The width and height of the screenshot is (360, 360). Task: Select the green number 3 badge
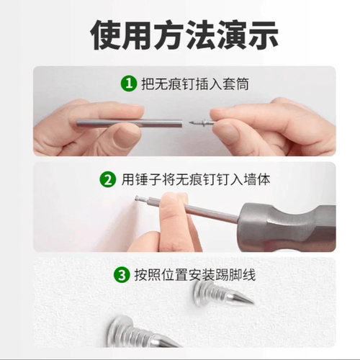(121, 274)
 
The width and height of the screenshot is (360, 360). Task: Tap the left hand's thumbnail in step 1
(127, 134)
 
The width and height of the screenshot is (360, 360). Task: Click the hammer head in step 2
(288, 223)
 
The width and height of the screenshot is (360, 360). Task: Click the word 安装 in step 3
(189, 274)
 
